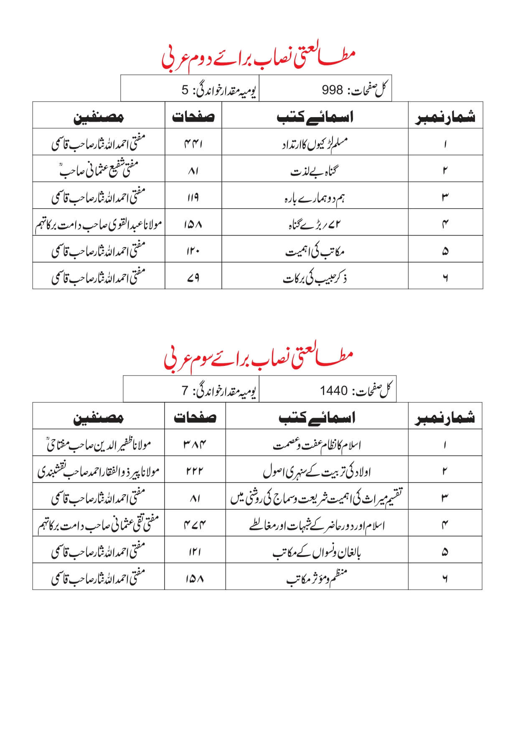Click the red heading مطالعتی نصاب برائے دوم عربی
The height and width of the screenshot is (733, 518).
tap(258, 58)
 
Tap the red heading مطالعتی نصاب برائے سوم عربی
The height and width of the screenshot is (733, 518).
tap(258, 358)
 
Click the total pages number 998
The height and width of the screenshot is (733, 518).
tap(333, 89)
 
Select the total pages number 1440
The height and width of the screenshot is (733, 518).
tap(334, 391)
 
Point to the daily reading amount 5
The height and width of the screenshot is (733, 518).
tap(185, 89)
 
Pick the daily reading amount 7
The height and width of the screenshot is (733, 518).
tap(185, 391)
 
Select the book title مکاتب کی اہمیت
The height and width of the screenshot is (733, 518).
tap(315, 252)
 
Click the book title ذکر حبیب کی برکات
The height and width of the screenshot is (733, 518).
tap(315, 278)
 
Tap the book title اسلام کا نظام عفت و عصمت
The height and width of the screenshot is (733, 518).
tap(317, 445)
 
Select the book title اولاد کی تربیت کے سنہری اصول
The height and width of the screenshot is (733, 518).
tap(317, 472)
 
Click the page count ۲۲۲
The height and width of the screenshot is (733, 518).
tap(195, 471)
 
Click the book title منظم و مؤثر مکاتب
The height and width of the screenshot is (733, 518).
tap(317, 578)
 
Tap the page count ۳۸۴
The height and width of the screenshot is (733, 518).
tap(195, 444)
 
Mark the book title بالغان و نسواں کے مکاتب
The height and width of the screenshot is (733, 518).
tap(317, 552)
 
